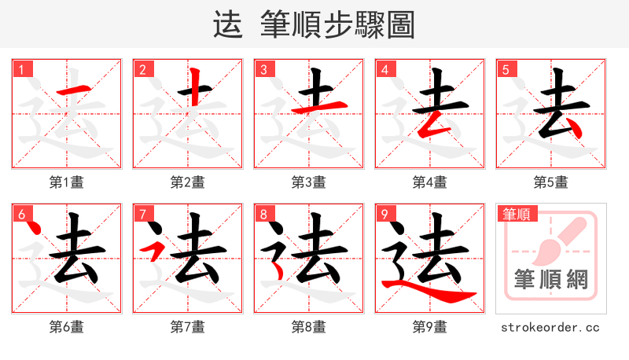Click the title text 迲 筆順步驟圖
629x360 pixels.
[x=314, y=24]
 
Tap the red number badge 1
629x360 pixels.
[x=21, y=70]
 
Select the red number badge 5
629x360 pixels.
[x=506, y=70]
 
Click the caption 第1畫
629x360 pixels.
[x=67, y=182]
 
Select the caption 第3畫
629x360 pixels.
[x=308, y=182]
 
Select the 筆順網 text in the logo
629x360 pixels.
[x=550, y=279]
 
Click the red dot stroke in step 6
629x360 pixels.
[x=34, y=230]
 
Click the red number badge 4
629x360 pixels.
[x=384, y=70]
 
